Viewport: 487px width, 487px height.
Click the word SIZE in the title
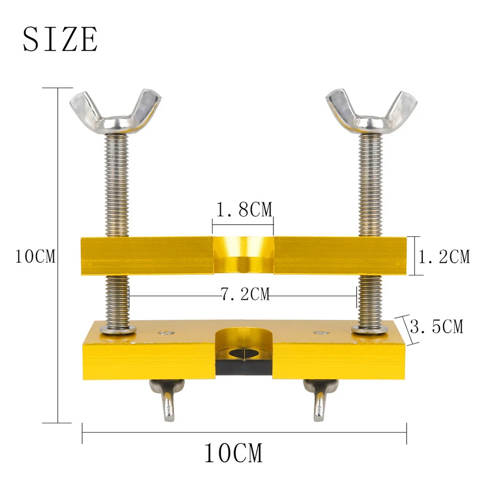coord(60,39)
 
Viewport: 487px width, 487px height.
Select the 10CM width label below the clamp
coord(233,452)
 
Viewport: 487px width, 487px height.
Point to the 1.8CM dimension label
coord(244,210)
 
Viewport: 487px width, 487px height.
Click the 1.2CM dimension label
coord(445,256)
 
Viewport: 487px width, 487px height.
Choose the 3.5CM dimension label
coord(436,326)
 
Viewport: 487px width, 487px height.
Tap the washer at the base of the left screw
coord(118,329)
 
